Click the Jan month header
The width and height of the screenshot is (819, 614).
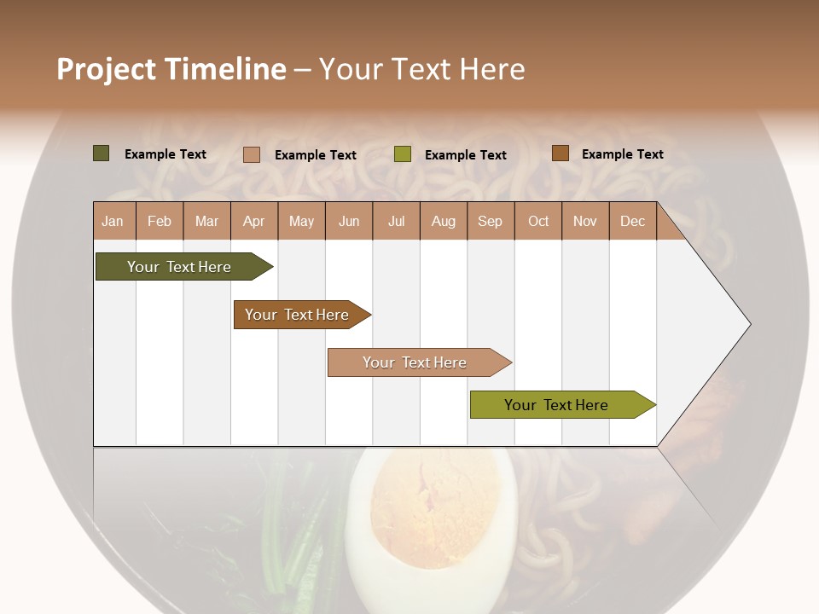113,221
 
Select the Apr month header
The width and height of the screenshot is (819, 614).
254,221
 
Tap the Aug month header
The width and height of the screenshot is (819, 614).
443,221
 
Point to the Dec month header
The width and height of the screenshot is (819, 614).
632,221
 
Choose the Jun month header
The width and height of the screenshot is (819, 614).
349,221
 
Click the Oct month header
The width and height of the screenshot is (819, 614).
537,221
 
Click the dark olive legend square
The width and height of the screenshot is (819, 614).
101,153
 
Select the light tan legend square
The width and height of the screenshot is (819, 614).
251,154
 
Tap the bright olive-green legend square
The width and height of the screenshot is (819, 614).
402,154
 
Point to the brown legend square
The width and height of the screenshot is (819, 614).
560,153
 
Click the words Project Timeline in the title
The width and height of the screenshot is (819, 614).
171,69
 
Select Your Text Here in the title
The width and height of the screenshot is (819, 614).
421,69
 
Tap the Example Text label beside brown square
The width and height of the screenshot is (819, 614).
622,154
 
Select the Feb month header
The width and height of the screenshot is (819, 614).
160,221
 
